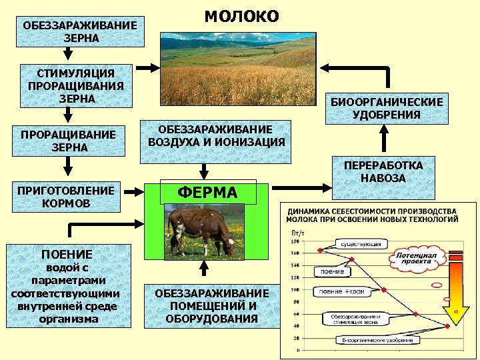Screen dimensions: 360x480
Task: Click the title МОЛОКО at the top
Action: [x=241, y=16]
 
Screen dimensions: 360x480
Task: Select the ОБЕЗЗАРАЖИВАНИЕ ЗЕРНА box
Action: [x=80, y=31]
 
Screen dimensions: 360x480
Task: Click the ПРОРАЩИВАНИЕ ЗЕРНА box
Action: [x=68, y=141]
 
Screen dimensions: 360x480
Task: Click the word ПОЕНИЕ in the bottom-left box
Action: [x=67, y=254]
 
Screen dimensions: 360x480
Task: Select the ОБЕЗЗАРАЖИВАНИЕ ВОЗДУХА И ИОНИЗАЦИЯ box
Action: [x=215, y=136]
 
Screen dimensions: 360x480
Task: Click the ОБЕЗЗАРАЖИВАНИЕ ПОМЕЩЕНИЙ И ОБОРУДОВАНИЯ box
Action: [x=212, y=306]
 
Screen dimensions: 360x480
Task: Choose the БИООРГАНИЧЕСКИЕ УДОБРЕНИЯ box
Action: [x=387, y=109]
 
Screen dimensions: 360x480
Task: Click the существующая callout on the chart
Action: [x=361, y=245]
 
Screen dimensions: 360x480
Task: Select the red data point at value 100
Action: [x=385, y=289]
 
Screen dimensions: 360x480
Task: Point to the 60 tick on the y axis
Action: [x=295, y=313]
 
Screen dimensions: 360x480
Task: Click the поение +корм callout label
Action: [x=342, y=291]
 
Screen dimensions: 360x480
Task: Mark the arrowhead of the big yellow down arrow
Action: [x=456, y=314]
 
